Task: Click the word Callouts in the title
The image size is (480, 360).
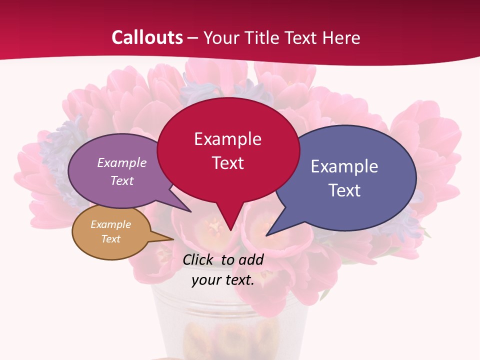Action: (x=147, y=37)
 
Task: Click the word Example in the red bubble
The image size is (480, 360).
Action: (x=227, y=139)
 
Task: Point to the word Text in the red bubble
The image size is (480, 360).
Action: (x=227, y=163)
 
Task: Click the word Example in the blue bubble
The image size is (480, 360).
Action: (x=344, y=166)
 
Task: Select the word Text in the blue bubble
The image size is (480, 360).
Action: (x=344, y=190)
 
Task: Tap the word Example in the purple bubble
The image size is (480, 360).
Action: (x=121, y=163)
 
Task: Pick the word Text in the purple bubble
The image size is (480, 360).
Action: (x=121, y=181)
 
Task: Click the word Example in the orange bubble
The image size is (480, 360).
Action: (x=110, y=224)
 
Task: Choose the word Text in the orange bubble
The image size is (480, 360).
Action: (x=110, y=239)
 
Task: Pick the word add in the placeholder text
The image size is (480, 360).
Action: (x=250, y=259)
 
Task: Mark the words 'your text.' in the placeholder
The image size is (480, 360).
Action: (x=223, y=280)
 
